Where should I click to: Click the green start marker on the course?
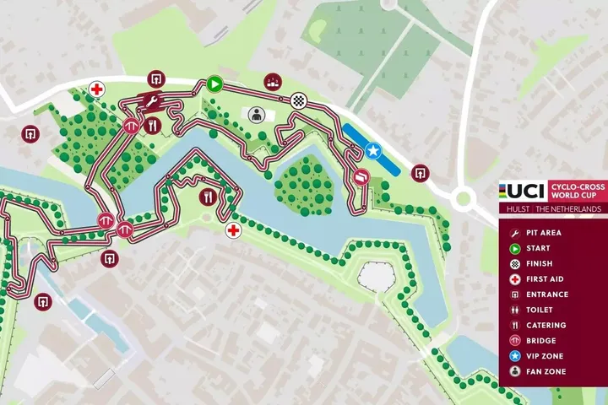[214, 84]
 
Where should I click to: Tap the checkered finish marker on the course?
[299, 101]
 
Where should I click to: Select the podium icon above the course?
[272, 81]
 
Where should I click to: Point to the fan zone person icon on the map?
[255, 114]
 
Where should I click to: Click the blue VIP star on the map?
[374, 151]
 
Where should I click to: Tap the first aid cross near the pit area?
[98, 89]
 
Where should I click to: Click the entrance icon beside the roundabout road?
[418, 172]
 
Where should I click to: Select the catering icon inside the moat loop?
[208, 197]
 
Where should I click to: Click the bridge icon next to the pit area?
[131, 125]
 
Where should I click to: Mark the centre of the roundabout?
[462, 200]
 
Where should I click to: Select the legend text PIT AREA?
[543, 233]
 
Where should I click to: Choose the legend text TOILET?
[540, 310]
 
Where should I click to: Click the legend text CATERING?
[546, 326]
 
